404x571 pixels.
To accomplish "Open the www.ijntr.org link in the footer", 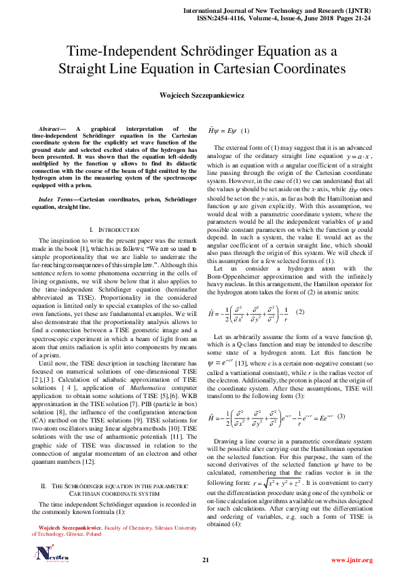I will (352, 560).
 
